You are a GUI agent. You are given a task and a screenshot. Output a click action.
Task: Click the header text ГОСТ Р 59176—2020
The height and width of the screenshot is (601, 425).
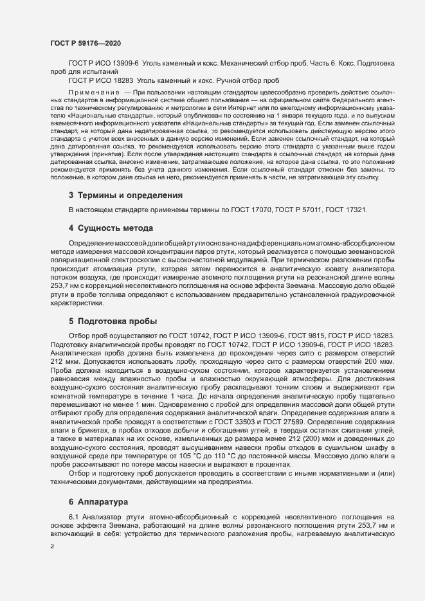(86, 42)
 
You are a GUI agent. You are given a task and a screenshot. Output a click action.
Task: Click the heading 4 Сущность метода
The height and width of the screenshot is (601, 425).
(111, 228)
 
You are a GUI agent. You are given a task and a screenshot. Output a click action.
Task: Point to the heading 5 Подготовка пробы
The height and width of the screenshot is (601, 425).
(113, 321)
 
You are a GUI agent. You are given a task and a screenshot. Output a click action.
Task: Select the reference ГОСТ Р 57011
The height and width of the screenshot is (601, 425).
(318, 210)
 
